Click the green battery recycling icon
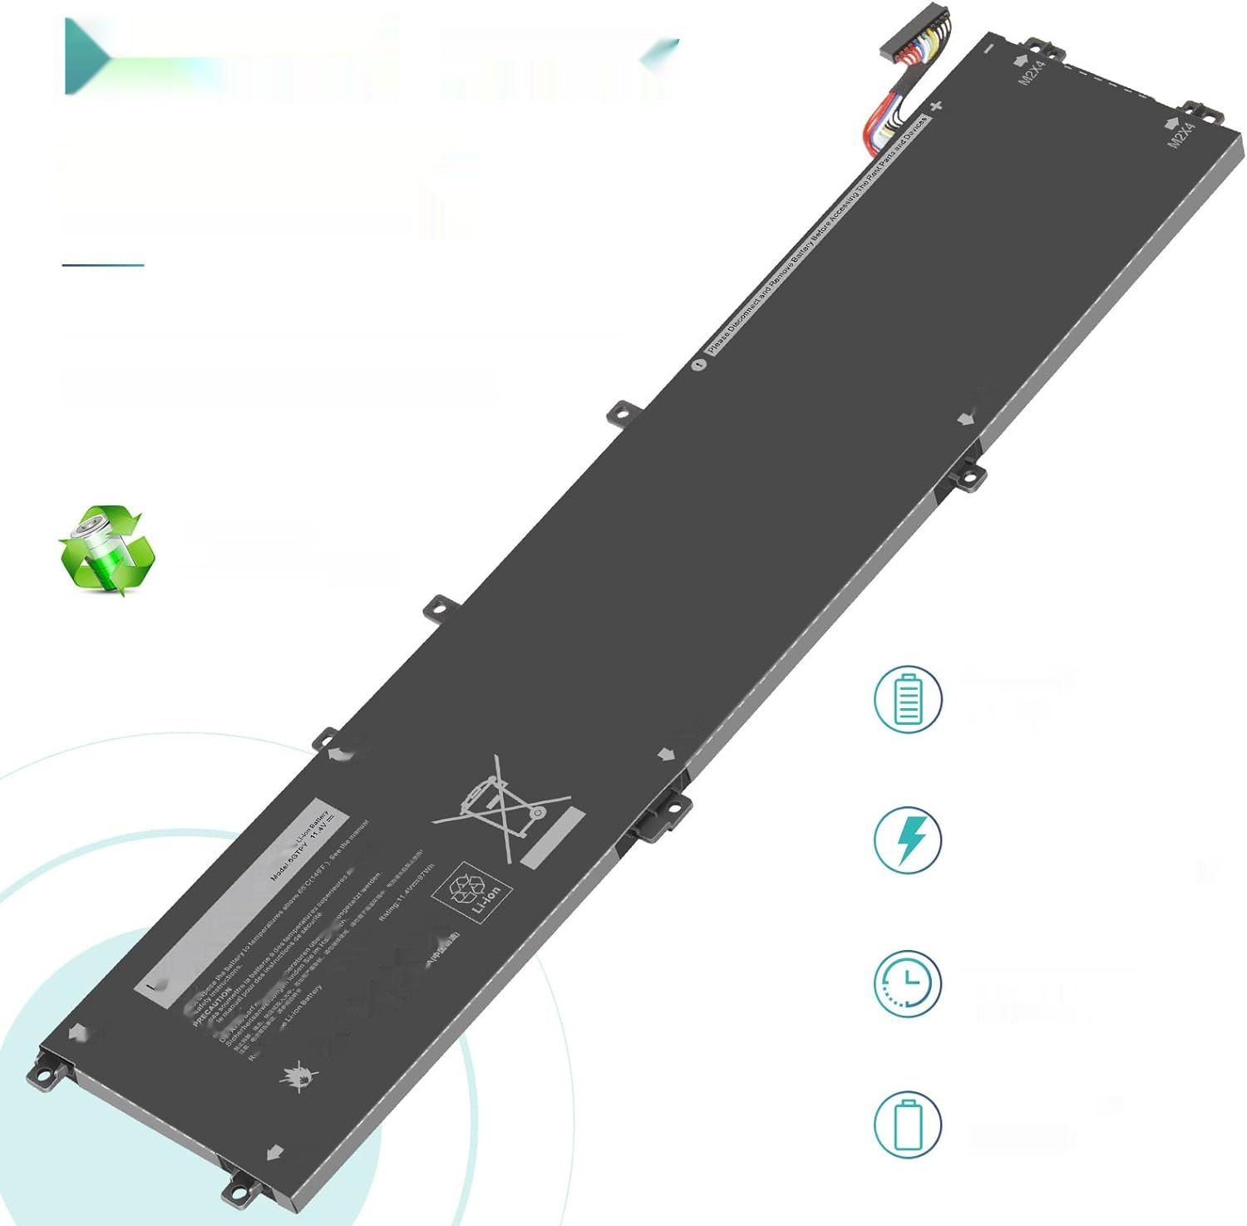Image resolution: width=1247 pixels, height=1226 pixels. (x=106, y=550)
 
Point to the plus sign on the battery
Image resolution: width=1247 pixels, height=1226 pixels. (x=937, y=106)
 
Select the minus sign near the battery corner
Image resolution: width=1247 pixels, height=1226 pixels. (x=988, y=48)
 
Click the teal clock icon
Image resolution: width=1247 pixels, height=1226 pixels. (x=908, y=983)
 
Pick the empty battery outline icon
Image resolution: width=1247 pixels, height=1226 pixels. (x=908, y=1125)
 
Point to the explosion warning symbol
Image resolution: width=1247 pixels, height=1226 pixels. (x=298, y=1076)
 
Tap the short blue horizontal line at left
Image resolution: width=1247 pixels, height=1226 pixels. (x=103, y=265)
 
